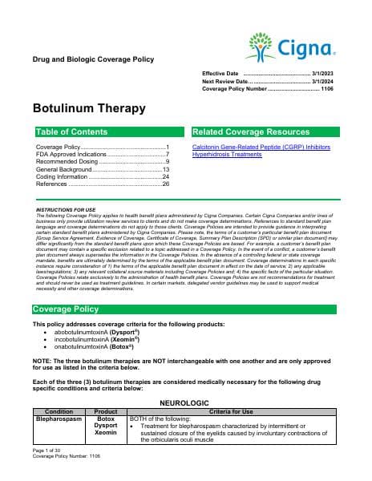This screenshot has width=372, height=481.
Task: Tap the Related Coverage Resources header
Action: (246, 131)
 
